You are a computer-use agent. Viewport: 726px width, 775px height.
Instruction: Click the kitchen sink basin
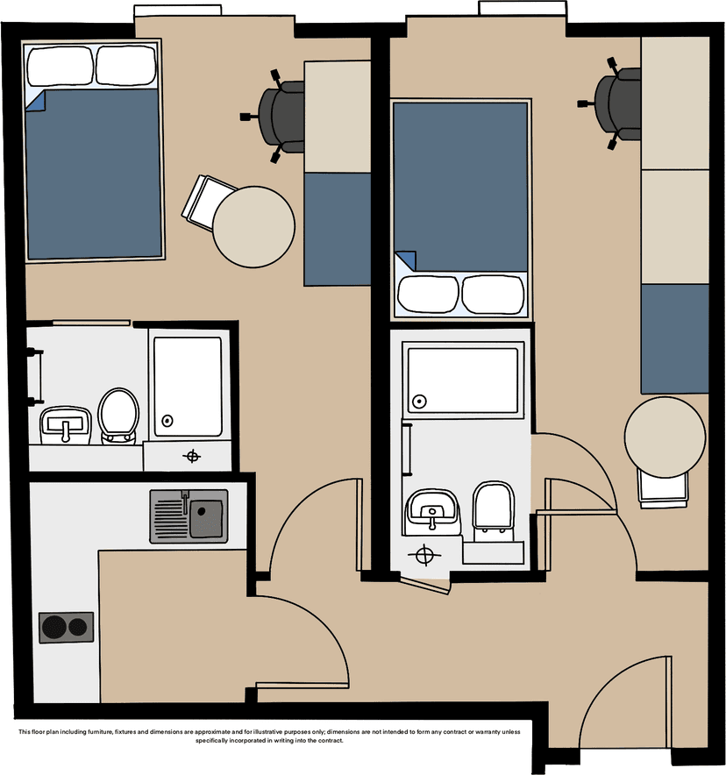coord(206,518)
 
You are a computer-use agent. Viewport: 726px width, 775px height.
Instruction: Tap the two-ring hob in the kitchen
coord(67,628)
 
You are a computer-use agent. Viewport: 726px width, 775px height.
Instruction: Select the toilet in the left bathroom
coord(118,416)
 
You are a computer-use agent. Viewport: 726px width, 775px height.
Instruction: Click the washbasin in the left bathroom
coord(66,425)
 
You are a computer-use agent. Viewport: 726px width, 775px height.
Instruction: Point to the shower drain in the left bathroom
coord(167,421)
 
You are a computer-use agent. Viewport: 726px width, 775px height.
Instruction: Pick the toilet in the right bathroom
coord(494,510)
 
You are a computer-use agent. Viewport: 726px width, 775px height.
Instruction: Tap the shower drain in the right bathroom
coord(420,402)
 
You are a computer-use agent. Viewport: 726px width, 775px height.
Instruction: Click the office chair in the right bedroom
coord(613,103)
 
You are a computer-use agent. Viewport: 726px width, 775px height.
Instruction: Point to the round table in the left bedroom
coord(253,227)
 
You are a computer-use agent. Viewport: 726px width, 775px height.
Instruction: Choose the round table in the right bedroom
coord(665,437)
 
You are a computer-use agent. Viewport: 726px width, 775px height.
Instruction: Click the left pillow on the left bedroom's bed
coord(60,65)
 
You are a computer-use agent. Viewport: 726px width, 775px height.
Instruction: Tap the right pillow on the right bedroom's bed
coord(492,295)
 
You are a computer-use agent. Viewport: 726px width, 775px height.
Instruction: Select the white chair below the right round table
coord(663,489)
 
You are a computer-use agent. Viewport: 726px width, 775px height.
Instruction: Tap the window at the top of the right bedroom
coord(523,8)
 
